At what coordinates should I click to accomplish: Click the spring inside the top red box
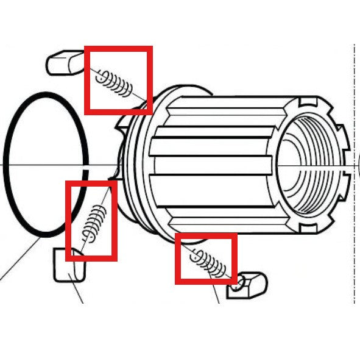click(x=116, y=84)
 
